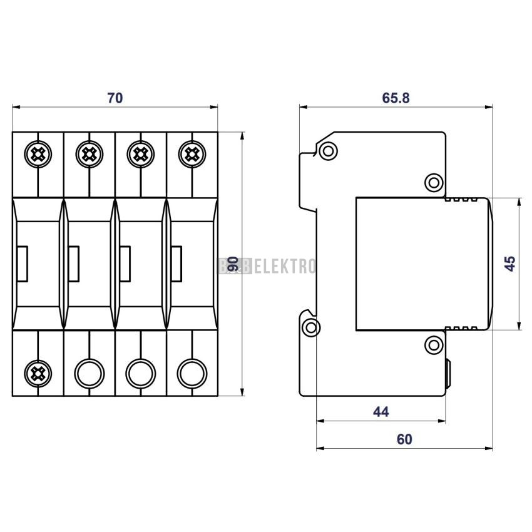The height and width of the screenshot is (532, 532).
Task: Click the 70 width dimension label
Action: [115, 98]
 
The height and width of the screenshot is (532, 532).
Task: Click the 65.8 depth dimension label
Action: [396, 98]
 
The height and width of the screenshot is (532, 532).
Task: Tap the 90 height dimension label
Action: [233, 264]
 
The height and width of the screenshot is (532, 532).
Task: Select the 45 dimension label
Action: [510, 263]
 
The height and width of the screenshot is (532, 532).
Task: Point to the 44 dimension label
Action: [381, 412]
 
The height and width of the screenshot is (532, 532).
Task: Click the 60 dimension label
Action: [404, 439]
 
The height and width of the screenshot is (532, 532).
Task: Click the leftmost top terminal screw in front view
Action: [38, 155]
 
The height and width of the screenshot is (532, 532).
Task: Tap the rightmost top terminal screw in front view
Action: [192, 155]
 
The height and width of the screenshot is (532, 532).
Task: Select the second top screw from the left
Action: [90, 155]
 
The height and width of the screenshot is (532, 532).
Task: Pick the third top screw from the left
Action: [141, 155]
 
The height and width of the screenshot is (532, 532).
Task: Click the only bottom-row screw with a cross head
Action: [38, 373]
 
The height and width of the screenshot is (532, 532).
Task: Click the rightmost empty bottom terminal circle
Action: [192, 373]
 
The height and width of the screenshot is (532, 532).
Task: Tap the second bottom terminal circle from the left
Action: [90, 373]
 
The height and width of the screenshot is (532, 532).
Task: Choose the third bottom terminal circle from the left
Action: [141, 373]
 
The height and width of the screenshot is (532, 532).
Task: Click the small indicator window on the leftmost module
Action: [22, 263]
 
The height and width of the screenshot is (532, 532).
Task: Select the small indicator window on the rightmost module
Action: [176, 263]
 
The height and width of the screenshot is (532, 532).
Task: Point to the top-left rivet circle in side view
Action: [328, 151]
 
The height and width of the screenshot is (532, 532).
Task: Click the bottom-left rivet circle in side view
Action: [311, 327]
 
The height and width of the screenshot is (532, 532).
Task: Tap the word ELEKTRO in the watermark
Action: [285, 266]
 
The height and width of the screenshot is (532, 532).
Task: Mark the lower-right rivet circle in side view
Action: [434, 345]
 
